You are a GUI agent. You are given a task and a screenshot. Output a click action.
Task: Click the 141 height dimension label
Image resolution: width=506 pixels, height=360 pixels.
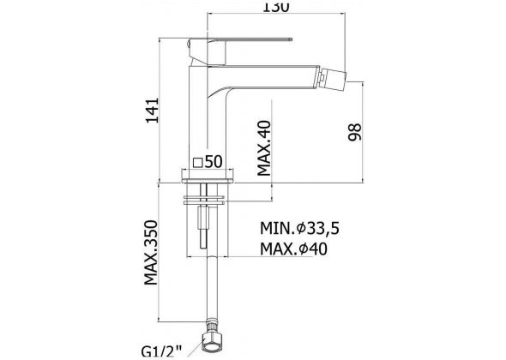tap(153, 111)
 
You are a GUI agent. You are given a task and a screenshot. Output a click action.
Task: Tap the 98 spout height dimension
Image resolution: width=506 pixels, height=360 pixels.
tap(355, 132)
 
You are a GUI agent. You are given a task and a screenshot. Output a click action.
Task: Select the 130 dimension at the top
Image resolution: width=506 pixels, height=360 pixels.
tap(275, 7)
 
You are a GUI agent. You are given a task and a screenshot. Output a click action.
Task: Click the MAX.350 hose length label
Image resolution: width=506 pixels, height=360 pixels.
tap(151, 253)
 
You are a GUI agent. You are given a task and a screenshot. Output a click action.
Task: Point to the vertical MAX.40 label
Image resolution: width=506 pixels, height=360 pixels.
tap(264, 147)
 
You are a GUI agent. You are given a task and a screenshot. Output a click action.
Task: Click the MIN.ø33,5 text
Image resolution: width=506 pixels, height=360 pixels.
tap(300, 229)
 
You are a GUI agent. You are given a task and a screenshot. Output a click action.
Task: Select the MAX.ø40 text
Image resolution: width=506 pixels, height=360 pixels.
tap(293, 249)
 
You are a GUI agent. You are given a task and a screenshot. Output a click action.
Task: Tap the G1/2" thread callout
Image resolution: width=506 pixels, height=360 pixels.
tap(162, 351)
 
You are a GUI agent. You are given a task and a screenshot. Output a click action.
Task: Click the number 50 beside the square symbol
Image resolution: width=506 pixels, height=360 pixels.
tap(214, 162)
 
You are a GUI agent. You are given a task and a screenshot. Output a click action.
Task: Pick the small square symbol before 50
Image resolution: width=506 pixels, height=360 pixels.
tap(197, 163)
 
